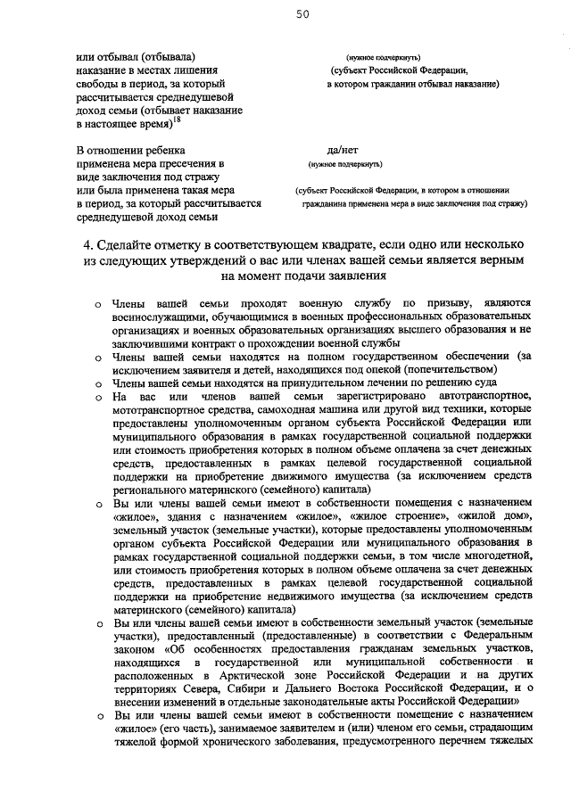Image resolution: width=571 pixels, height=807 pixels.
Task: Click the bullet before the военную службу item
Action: tap(98, 304)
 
